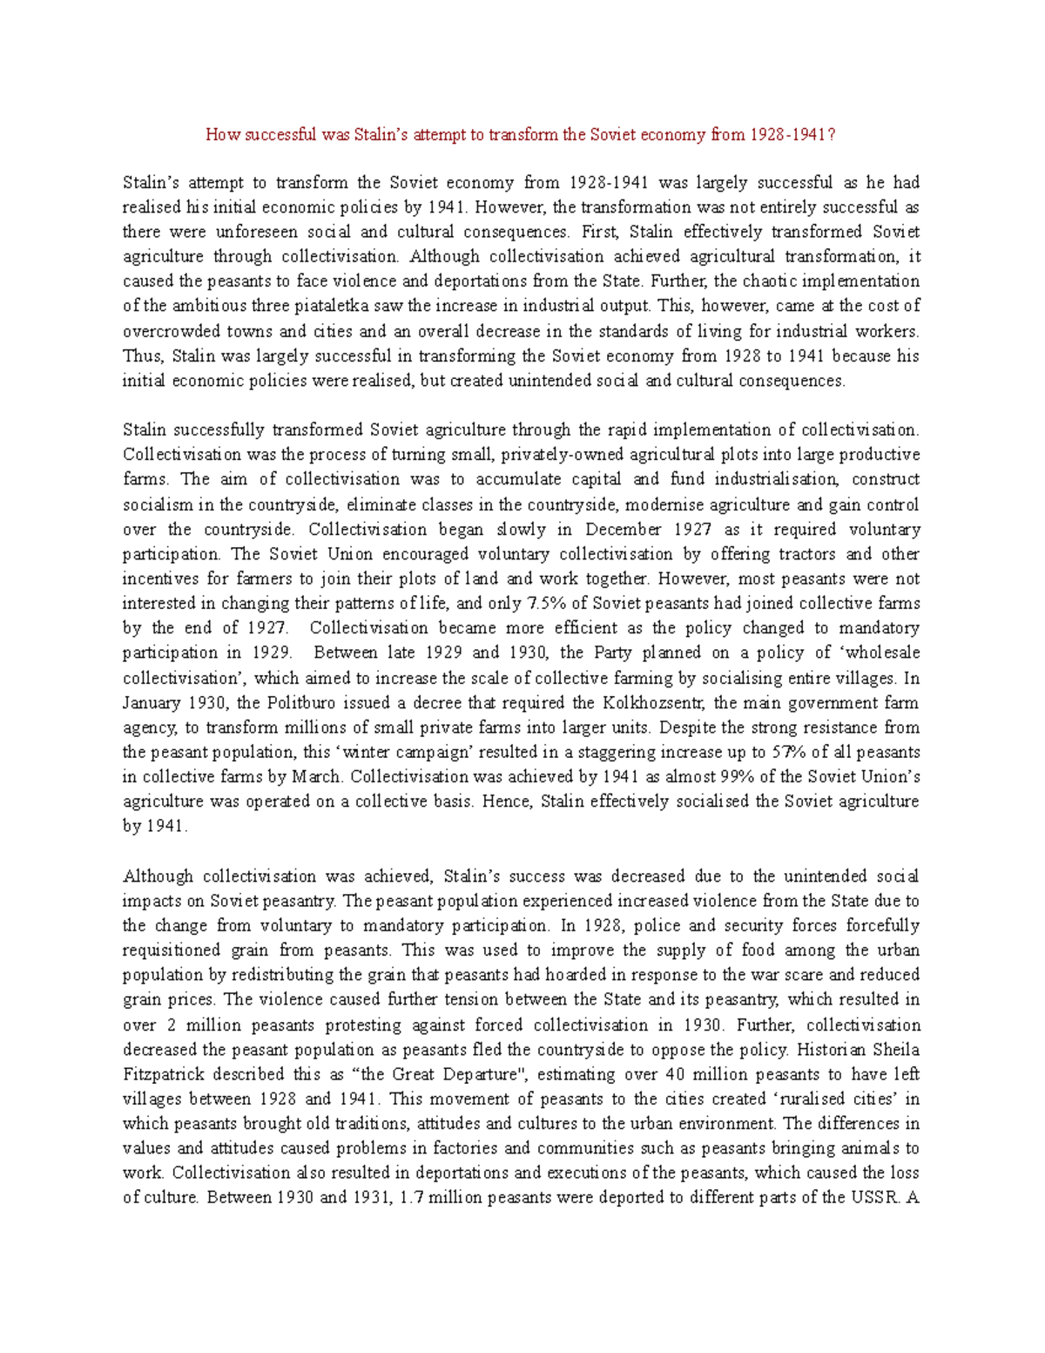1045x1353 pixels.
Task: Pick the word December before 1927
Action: pyautogui.click(x=623, y=529)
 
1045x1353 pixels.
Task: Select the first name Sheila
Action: pyautogui.click(x=896, y=1050)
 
